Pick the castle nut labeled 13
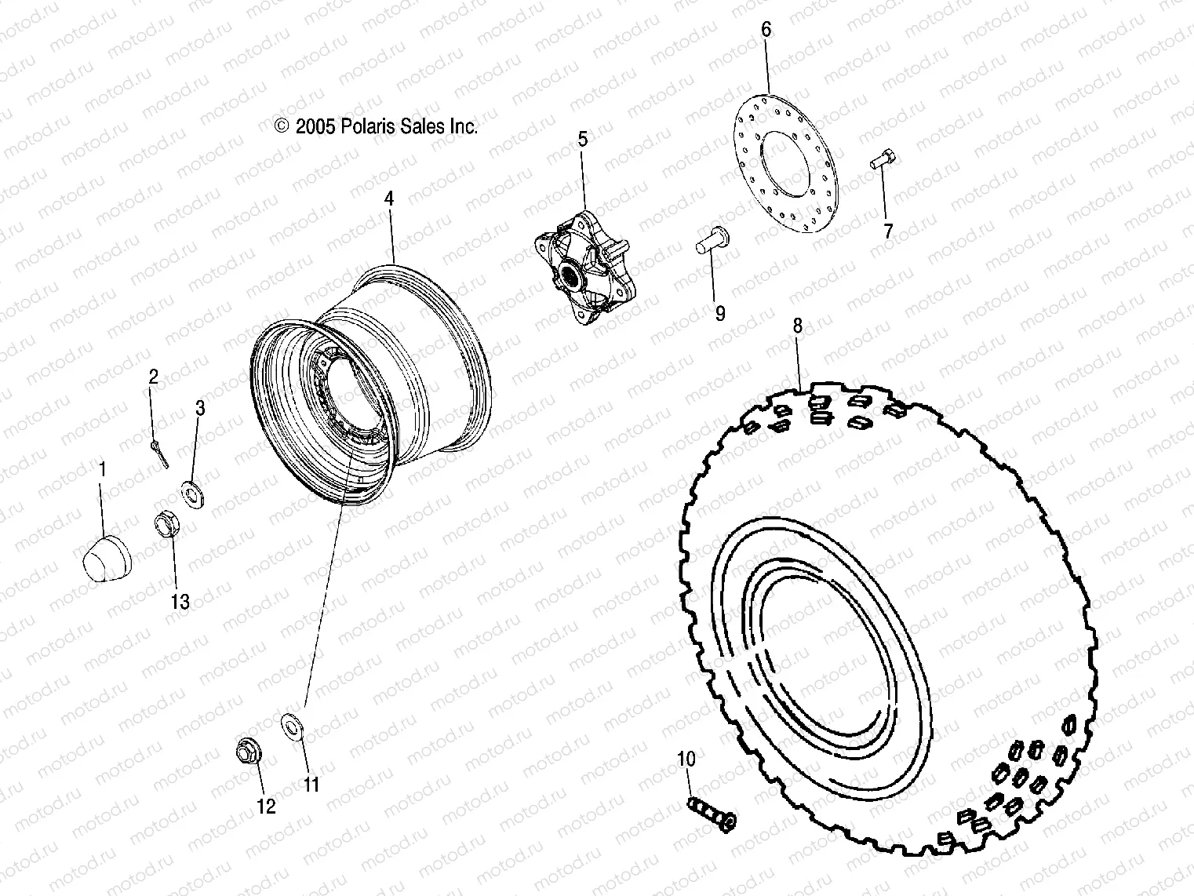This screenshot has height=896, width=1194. tap(166, 523)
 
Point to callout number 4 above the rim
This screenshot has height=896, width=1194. tap(388, 199)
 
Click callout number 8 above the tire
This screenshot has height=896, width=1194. tap(798, 326)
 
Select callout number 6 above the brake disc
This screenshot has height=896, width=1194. tap(766, 30)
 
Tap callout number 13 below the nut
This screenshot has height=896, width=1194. tap(180, 602)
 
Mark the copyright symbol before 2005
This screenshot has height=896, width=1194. tap(282, 126)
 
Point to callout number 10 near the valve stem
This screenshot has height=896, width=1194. tap(686, 759)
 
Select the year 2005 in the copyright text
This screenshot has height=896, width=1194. tap(315, 126)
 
